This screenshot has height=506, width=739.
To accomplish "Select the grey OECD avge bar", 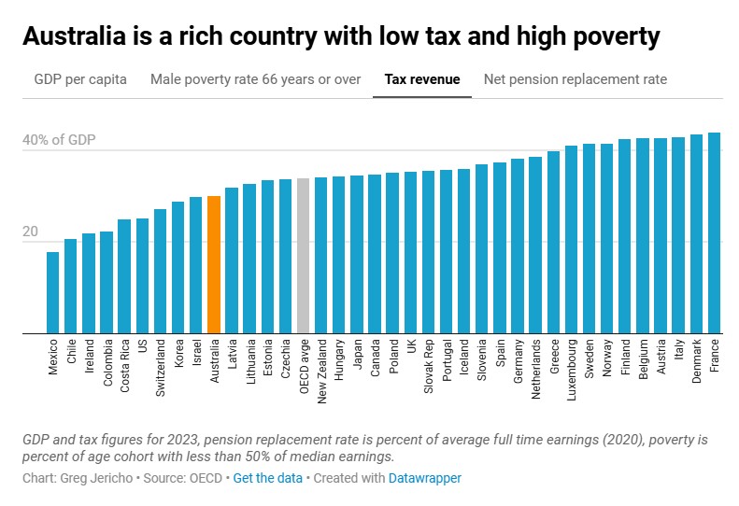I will coord(303,256).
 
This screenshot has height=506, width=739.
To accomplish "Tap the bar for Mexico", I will coord(52,292).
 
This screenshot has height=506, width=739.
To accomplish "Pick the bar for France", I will coord(714,232).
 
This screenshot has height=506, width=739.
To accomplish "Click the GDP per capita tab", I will coord(80,79).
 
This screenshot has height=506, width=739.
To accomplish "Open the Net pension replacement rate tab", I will coord(575,79).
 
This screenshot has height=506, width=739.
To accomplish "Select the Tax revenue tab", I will coord(422,79).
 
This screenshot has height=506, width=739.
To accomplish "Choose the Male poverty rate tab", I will coord(255,79).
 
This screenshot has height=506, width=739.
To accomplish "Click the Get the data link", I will coord(267,478).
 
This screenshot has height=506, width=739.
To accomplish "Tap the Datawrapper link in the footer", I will coord(425,478).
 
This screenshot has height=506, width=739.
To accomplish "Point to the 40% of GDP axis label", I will coord(59,141).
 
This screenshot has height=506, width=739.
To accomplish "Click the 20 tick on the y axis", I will coord(30,232).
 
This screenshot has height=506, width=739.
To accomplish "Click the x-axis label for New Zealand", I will coord(321,370).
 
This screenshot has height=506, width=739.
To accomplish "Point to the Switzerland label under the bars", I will coord(160,370).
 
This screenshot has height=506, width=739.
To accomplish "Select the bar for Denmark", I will coord(696,233).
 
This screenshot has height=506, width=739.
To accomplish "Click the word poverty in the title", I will coord(610,36).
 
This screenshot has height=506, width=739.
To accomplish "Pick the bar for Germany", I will coord(518,246).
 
